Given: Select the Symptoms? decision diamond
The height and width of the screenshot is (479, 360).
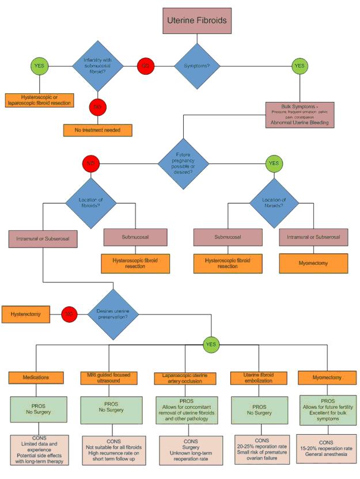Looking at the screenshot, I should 196,65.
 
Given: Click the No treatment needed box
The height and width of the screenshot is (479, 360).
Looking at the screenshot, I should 98,130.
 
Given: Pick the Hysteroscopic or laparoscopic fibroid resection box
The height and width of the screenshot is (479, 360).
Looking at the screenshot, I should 40,100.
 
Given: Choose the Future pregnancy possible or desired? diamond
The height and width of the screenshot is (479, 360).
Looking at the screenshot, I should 184,164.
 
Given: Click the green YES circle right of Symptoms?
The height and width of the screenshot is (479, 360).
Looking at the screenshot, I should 299,65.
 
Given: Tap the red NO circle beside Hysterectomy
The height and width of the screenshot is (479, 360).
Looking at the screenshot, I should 69,314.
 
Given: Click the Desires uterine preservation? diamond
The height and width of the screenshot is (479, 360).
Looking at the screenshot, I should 113,314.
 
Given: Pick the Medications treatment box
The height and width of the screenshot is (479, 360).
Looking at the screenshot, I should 36,378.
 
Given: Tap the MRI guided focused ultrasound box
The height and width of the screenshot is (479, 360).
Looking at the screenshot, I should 109,378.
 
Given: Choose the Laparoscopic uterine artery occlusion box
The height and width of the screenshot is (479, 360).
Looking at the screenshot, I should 185,378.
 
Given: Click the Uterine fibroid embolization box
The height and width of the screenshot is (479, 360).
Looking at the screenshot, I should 257,378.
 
